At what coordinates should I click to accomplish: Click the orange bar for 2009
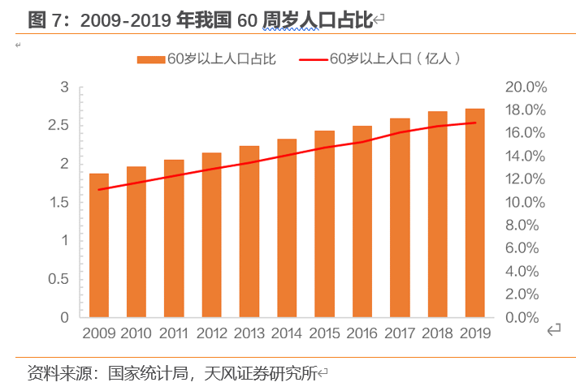98,245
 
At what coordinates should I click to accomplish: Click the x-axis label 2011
174,333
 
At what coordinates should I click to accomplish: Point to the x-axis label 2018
437,333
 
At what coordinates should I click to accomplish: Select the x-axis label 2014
287,333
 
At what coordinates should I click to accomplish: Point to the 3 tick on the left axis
64,88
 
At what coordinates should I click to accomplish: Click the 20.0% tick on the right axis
526,88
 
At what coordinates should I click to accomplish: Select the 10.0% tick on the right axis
526,203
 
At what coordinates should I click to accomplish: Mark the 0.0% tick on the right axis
529,318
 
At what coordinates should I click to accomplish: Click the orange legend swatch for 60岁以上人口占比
151,58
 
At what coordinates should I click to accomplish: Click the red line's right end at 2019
474,123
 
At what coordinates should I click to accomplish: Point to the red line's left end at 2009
98,190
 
